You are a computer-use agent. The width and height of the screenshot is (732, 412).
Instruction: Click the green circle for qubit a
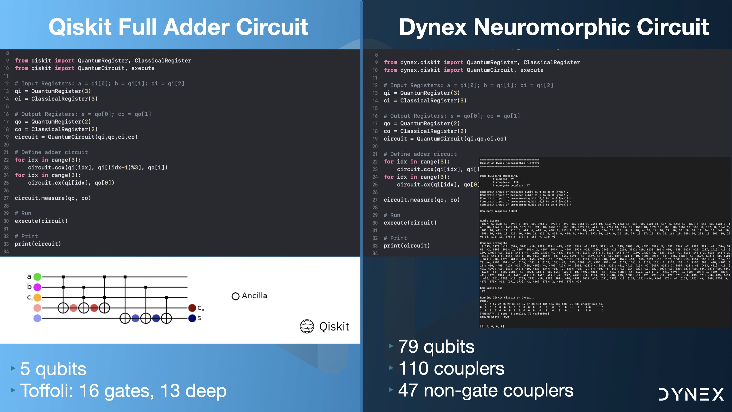37,277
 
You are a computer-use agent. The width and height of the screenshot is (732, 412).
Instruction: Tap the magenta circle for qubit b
37,287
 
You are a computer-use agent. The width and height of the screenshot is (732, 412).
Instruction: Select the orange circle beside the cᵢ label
37,297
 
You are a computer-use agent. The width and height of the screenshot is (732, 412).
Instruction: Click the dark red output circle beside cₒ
192,308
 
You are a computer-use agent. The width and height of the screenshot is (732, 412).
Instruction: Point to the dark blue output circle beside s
192,318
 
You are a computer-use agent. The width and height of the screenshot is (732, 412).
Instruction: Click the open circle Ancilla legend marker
235,296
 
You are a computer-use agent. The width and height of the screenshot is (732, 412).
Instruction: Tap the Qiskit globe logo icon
307,326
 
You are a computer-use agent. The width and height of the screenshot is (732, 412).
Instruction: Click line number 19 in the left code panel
6,137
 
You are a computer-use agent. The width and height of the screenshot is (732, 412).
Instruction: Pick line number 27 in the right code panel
375,200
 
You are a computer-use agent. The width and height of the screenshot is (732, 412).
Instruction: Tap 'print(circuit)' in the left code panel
38,244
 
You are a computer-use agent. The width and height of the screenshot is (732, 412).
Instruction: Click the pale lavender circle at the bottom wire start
37,318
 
